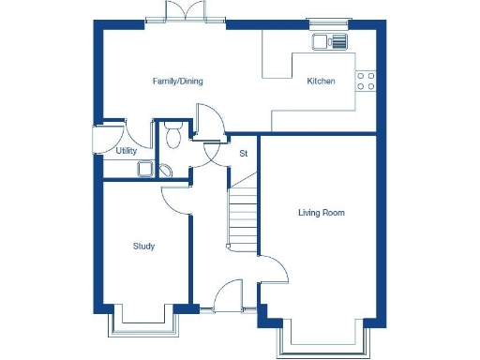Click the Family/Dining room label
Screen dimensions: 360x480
pos(177,82)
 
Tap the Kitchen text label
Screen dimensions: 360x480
pos(321,82)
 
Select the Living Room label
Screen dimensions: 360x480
pos(321,213)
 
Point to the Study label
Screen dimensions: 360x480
pos(143,247)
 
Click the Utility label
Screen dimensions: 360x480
pos(127,150)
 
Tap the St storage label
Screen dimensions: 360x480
pos(243,153)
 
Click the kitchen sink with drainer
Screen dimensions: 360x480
pos(330,40)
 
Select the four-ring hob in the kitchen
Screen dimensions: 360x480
pos(366,82)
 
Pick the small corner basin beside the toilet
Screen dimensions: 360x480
pos(166,170)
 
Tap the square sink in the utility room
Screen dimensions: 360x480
pos(145,169)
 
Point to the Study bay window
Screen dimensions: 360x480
pos(141,324)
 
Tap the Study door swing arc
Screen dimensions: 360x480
pos(174,198)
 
